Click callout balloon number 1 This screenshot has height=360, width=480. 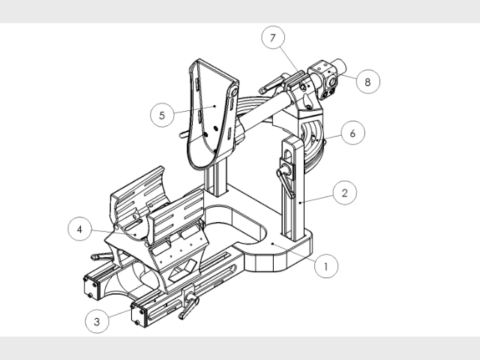click(x=326, y=266)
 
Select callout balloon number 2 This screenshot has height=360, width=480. click(x=345, y=193)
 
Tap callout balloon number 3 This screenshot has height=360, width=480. click(x=97, y=322)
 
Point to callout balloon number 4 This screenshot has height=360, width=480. click(x=79, y=229)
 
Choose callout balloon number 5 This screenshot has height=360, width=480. click(x=162, y=115)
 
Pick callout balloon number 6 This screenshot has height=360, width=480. click(x=353, y=133)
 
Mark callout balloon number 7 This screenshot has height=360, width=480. click(x=273, y=37)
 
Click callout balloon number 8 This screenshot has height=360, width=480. click(x=367, y=82)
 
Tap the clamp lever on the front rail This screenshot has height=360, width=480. click(x=190, y=304)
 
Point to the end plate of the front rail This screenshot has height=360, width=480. click(x=139, y=315)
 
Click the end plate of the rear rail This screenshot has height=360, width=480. click(x=91, y=287)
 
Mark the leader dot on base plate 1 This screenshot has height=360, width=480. click(x=272, y=244)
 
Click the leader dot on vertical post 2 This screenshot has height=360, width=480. click(x=300, y=202)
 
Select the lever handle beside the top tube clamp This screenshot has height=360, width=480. click(x=271, y=85)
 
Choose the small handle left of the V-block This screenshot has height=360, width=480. click(x=102, y=256)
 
